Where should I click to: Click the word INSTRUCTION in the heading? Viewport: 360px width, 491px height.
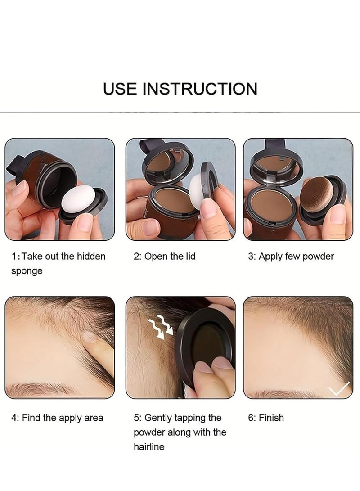[x=200, y=88]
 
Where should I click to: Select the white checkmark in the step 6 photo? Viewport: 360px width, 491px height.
[x=339, y=387]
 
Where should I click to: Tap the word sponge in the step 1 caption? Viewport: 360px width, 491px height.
[x=27, y=271]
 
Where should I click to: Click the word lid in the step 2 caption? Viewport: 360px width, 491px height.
[x=189, y=257]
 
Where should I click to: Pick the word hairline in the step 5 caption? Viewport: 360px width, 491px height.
[x=149, y=447]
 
